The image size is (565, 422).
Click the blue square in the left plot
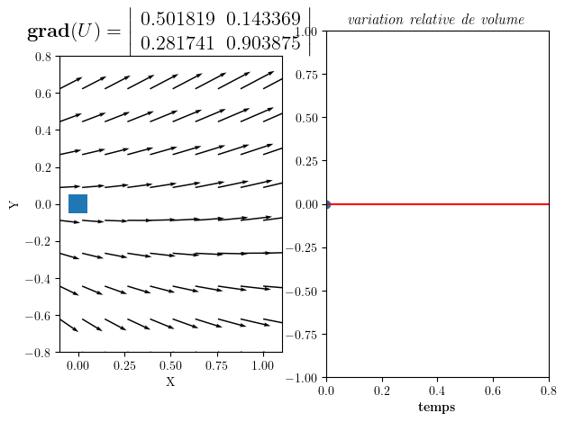coord(77,204)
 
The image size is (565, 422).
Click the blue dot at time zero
coord(326,204)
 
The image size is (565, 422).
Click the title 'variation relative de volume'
coord(436,20)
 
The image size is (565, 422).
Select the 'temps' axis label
coord(436,408)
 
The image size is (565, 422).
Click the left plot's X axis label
coord(170,382)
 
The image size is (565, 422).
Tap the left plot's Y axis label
coord(14,204)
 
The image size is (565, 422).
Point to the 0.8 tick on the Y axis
coord(43,57)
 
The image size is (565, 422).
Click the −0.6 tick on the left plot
coord(39,316)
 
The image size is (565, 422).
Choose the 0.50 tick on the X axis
coord(170,366)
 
